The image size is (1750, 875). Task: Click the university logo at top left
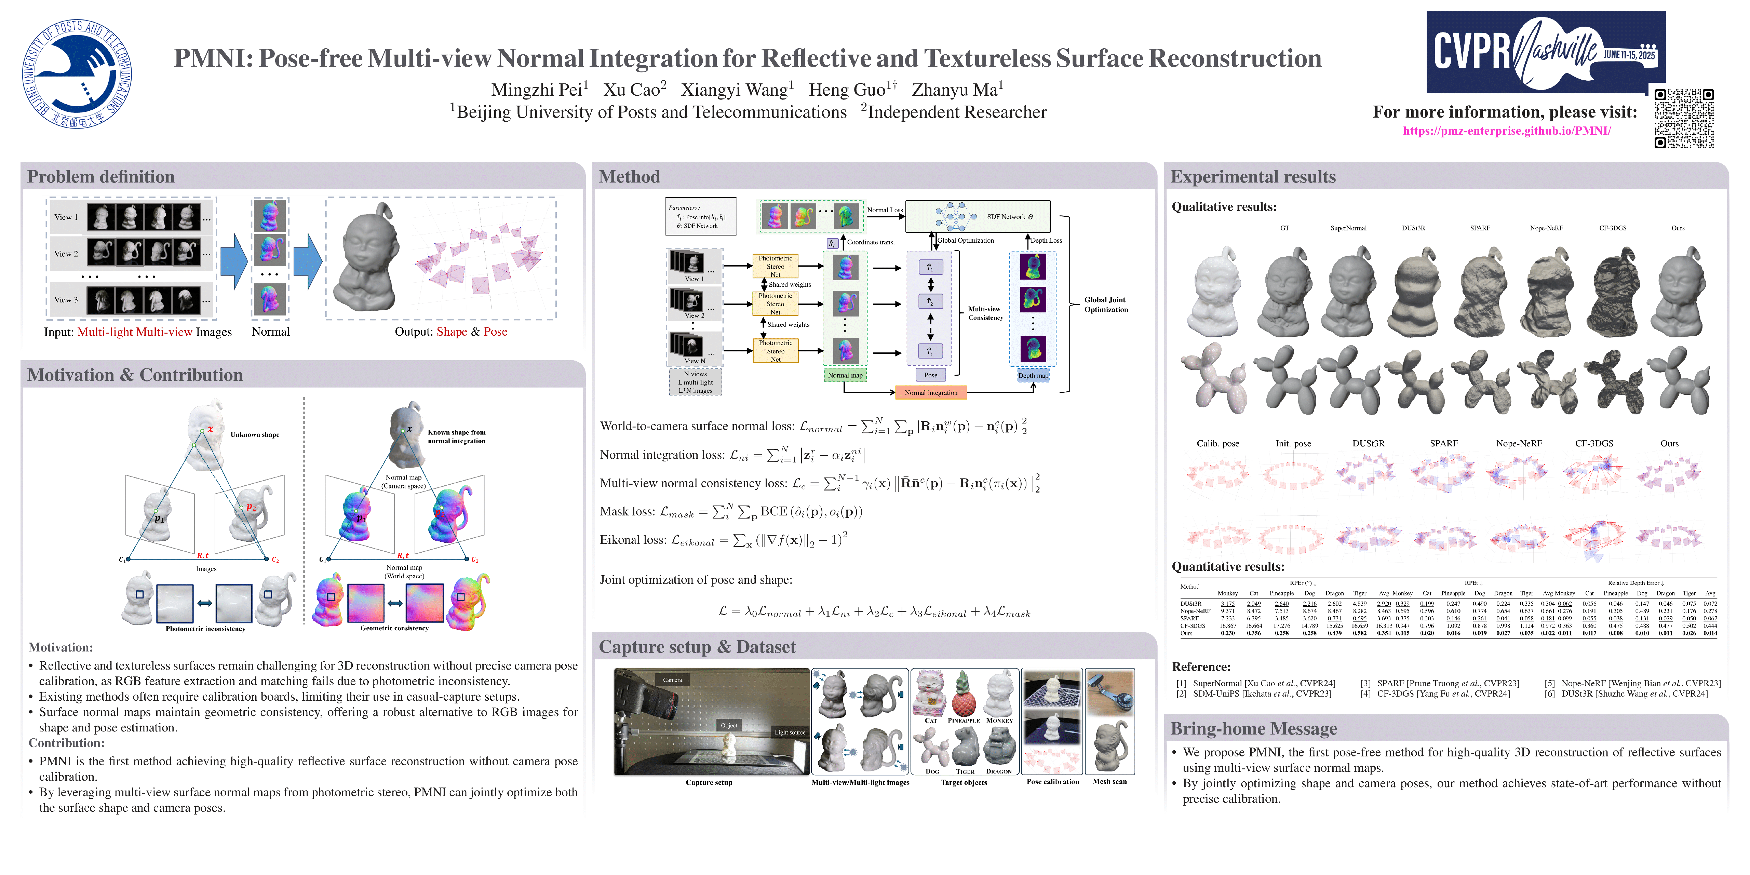coord(77,73)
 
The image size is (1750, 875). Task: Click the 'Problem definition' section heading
coord(100,177)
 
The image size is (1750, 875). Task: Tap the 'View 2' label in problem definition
coord(66,253)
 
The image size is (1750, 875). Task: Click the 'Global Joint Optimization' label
coord(1105,304)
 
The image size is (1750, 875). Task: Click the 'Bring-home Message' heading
coord(1253,729)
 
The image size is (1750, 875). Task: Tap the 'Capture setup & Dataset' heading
coord(697,647)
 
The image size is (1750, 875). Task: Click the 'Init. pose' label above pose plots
coord(1293,444)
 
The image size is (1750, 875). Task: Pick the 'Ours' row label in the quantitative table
coord(1186,633)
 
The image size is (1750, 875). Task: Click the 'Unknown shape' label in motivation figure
coord(255,435)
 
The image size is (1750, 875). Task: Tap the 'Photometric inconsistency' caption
coord(205,629)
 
